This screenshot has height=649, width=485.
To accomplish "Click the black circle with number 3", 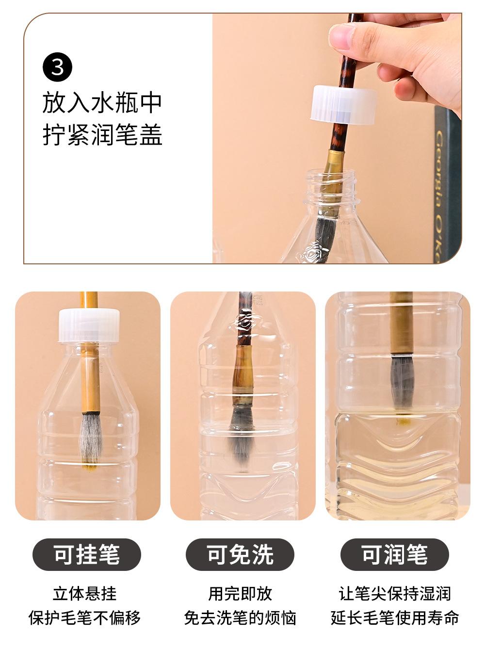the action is click(x=58, y=67).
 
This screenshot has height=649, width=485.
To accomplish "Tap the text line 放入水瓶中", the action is click(x=102, y=103).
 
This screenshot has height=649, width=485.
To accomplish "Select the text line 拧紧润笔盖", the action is click(x=102, y=135).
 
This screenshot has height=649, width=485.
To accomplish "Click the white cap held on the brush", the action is click(x=343, y=104).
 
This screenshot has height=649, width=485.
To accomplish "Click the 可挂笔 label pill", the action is click(x=87, y=554).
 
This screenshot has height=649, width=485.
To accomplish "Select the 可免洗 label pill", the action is click(x=240, y=554).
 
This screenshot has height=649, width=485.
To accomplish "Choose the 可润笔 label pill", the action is click(x=395, y=554).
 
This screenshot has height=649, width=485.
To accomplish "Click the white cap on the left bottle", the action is click(x=89, y=325).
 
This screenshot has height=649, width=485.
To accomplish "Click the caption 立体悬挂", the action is click(x=85, y=593).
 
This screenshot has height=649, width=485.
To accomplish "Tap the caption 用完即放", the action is click(x=240, y=593).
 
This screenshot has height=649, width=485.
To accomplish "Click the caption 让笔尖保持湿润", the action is click(x=395, y=593).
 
